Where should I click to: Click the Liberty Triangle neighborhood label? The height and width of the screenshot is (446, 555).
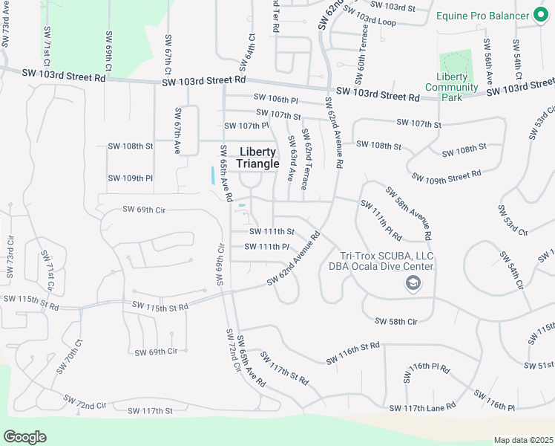[258, 158]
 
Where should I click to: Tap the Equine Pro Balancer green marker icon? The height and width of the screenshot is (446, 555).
[541, 15]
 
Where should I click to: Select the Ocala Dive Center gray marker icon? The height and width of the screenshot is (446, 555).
[412, 282]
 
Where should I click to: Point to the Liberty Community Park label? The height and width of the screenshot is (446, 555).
[452, 87]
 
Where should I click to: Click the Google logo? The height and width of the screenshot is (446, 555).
[24, 436]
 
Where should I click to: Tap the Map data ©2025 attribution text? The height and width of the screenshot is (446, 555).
[523, 439]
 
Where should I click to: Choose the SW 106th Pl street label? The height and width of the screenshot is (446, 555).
[275, 98]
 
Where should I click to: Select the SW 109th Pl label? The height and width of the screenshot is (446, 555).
[130, 178]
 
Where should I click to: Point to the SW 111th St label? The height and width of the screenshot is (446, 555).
[272, 231]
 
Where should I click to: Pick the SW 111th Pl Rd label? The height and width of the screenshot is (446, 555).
[381, 220]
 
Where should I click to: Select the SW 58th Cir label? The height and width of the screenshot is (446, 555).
[397, 321]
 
